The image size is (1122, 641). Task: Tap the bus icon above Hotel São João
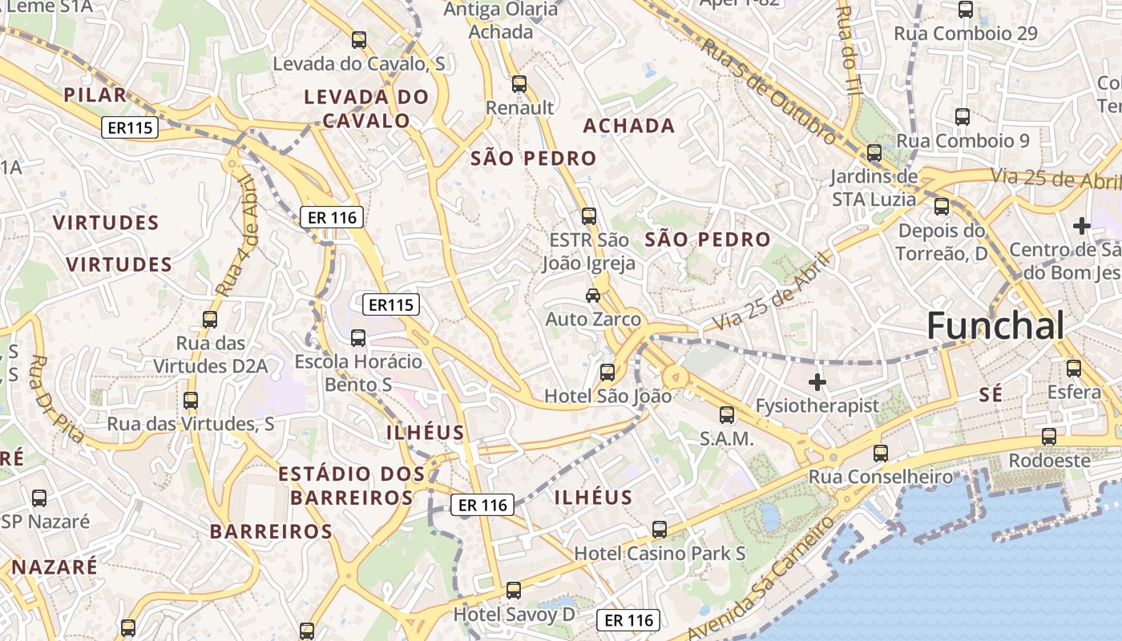pyautogui.click(x=607, y=372)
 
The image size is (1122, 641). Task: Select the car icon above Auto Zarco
pyautogui.click(x=593, y=296)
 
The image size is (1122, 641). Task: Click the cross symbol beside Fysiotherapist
pyautogui.click(x=817, y=382)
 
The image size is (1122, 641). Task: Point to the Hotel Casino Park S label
pyautogui.click(x=660, y=554)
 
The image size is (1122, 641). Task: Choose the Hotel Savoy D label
pyautogui.click(x=515, y=615)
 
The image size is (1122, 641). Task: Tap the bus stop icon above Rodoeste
pyautogui.click(x=1049, y=437)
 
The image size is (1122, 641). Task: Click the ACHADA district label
pyautogui.click(x=629, y=126)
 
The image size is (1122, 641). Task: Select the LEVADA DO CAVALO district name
pyautogui.click(x=366, y=109)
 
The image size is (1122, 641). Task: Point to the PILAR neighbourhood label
pyautogui.click(x=95, y=95)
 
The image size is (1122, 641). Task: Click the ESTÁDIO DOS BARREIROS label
pyautogui.click(x=352, y=486)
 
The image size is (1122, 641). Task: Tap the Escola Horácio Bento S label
pyautogui.click(x=358, y=373)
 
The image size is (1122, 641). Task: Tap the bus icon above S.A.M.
pyautogui.click(x=727, y=414)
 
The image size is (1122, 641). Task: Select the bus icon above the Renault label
pyautogui.click(x=519, y=83)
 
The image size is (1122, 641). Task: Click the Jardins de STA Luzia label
pyautogui.click(x=874, y=187)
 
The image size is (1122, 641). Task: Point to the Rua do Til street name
pyautogui.click(x=847, y=48)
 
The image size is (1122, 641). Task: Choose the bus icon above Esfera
pyautogui.click(x=1074, y=369)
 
